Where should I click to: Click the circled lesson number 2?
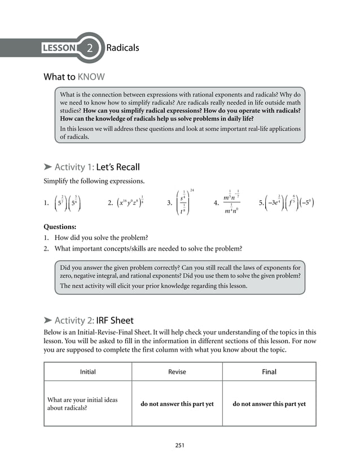90,48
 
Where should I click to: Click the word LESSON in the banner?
59,48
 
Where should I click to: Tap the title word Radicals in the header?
122,47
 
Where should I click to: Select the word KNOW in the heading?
91,77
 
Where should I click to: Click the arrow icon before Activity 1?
48,167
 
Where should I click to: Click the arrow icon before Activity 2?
48,321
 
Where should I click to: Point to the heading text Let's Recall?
118,167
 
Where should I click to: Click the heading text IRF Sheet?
115,321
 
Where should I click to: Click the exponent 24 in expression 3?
192,189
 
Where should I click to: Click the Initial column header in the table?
87,372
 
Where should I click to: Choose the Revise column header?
177,372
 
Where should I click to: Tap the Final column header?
269,372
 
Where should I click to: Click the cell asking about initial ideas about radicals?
82,404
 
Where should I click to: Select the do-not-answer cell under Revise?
177,404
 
